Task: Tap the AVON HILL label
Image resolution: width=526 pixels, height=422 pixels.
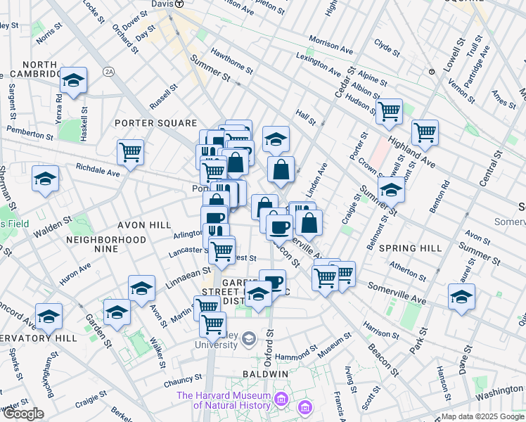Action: coord(146,224)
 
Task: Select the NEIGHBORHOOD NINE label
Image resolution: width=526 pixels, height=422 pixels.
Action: coord(105,240)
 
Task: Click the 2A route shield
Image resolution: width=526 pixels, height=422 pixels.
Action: coord(108,72)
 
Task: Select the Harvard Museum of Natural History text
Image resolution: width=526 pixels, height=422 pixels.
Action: coord(224,400)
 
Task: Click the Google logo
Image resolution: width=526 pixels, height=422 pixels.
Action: coord(23,414)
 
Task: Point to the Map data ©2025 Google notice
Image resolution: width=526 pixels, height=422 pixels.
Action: coord(482,416)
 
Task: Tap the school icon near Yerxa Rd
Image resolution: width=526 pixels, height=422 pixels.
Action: coord(73,80)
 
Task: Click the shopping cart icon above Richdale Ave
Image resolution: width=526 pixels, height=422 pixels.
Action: coord(131,151)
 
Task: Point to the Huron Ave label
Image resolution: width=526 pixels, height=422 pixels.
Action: coord(75,272)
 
